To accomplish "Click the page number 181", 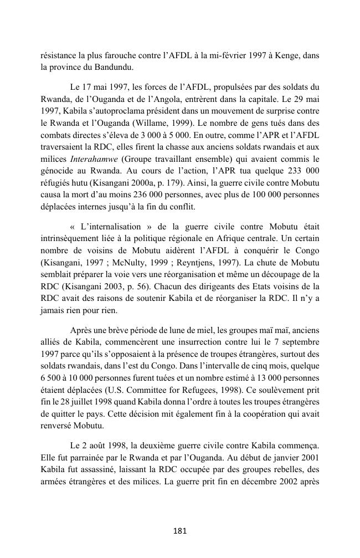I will tap(179, 531).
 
